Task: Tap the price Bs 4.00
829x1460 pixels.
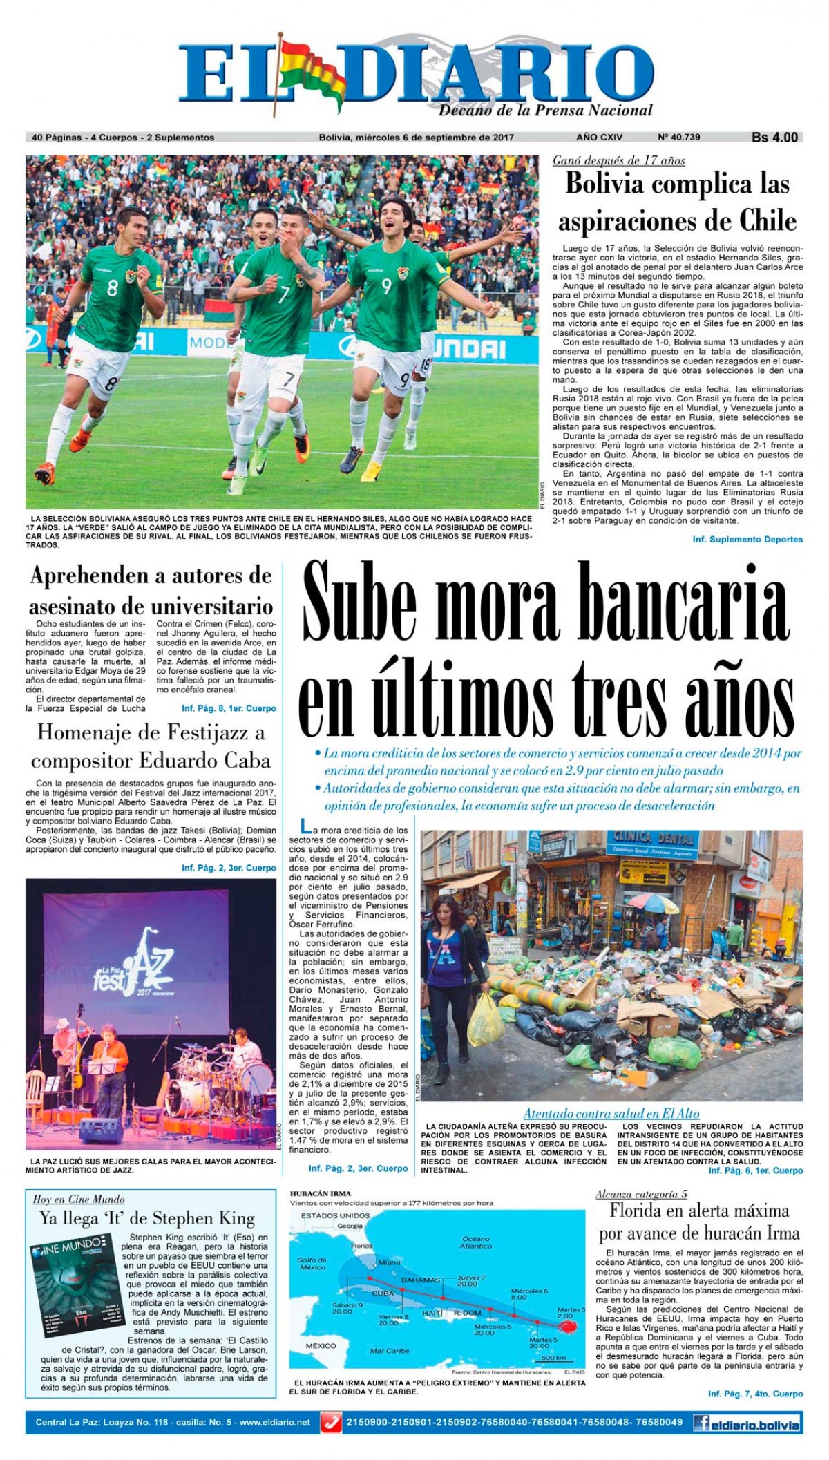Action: pos(774,138)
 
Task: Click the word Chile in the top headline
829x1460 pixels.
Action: pos(768,220)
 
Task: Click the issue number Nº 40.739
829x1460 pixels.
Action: pos(678,137)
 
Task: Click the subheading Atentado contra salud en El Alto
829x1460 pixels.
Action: pos(611,1113)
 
